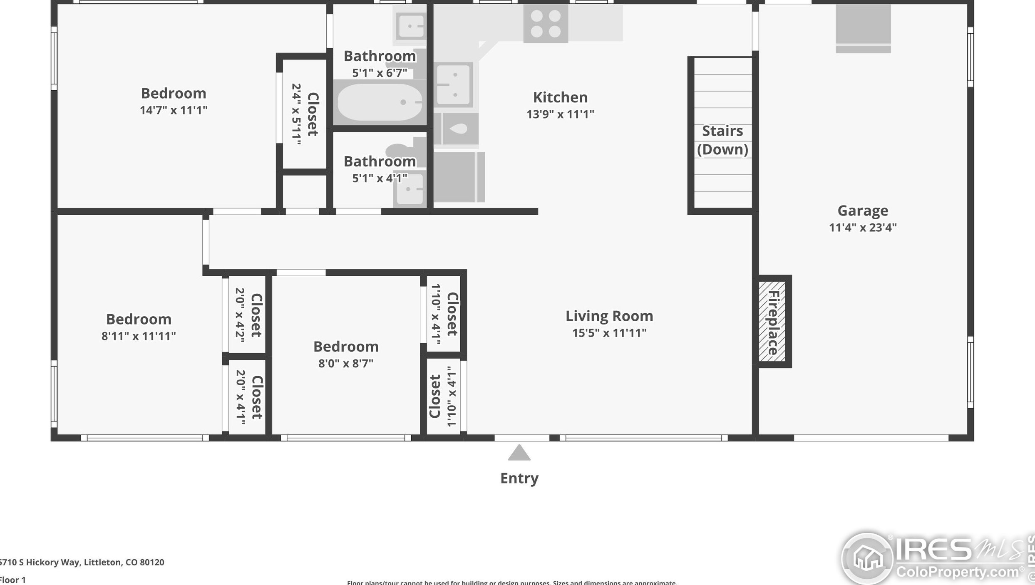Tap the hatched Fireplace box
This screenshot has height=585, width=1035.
772,321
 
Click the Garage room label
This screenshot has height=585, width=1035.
862,211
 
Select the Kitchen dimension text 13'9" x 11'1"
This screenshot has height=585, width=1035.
560,114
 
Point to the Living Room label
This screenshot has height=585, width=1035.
609,316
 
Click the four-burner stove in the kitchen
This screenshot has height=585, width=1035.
545,23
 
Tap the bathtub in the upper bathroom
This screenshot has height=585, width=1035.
379,102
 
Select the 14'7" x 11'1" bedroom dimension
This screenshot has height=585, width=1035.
173,110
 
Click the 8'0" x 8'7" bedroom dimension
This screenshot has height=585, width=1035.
345,363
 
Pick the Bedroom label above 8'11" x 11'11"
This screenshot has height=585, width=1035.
139,319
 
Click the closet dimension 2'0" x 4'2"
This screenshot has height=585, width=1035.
240,315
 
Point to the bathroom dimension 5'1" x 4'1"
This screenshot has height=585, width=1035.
380,178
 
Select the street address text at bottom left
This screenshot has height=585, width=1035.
82,562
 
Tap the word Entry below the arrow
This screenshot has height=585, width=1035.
519,478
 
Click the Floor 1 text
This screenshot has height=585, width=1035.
13,580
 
